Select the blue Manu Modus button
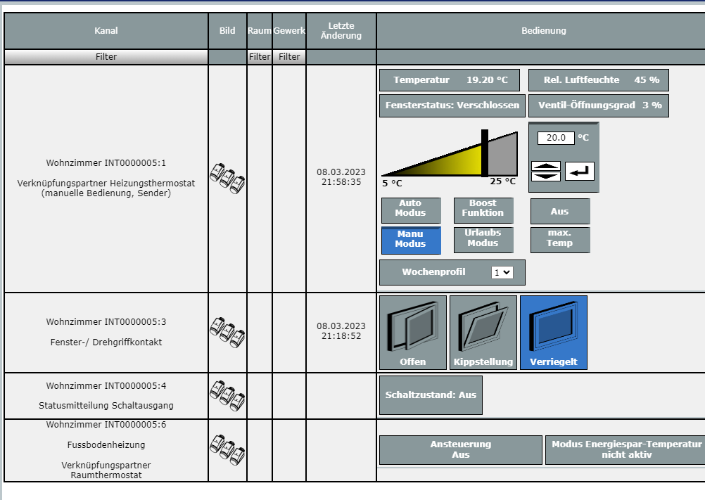[x=411, y=239]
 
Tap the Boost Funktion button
[x=483, y=208]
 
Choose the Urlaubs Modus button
[x=483, y=238]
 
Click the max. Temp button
[x=560, y=238]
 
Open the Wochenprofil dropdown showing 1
[x=502, y=272]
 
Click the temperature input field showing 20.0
[x=556, y=138]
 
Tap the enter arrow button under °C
[x=580, y=171]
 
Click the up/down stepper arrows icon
[x=546, y=171]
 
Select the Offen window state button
[x=413, y=332]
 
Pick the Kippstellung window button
[x=483, y=332]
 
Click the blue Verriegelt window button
[x=554, y=332]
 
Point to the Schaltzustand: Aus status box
[x=431, y=395]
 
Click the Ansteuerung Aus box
[x=461, y=449]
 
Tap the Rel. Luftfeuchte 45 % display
[x=599, y=80]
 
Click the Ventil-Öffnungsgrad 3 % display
[x=599, y=105]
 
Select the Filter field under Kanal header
[x=106, y=57]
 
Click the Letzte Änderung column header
[x=341, y=31]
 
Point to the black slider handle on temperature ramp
[x=484, y=153]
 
